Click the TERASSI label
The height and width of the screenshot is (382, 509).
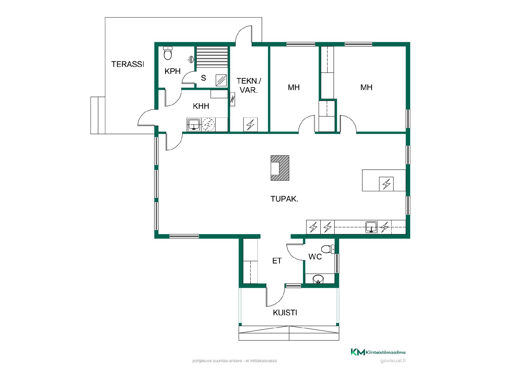point(128,64)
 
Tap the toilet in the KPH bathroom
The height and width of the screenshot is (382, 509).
point(168,53)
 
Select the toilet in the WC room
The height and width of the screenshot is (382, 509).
point(328,249)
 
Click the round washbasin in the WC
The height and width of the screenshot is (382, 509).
point(318,279)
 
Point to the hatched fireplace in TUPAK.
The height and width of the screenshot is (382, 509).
point(280,168)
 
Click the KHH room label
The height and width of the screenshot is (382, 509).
point(201,106)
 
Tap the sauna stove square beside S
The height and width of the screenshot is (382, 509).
point(221,80)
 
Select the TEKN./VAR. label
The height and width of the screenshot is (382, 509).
point(248,85)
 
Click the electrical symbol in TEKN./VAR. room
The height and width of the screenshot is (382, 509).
point(251,124)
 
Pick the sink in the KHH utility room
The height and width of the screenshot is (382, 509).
point(194,124)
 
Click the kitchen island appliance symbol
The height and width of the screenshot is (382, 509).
point(386,184)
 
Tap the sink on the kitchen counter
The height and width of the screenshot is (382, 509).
point(371,227)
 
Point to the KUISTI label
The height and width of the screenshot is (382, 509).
point(285,313)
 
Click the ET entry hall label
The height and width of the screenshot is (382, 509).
point(277,261)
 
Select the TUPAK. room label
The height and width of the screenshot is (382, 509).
point(284,199)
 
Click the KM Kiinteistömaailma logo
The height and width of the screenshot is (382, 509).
point(378,352)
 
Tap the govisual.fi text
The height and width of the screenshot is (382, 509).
point(393,361)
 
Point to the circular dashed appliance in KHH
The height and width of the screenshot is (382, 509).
point(208,124)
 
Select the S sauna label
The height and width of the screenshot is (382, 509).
point(203,78)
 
